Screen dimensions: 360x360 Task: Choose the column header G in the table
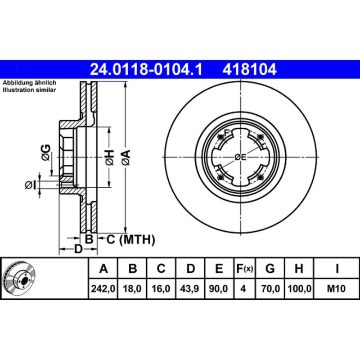[270, 270]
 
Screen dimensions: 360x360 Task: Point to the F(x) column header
[244, 270]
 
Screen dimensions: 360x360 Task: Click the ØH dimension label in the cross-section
[109, 157]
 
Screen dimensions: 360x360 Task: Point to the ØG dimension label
[45, 153]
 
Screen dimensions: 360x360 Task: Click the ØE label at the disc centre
[241, 157]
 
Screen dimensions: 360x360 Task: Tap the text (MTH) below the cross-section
[137, 239]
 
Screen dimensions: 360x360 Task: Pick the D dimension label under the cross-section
[78, 249]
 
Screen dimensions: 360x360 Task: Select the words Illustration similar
[29, 90]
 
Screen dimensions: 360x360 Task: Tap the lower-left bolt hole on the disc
[220, 178]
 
